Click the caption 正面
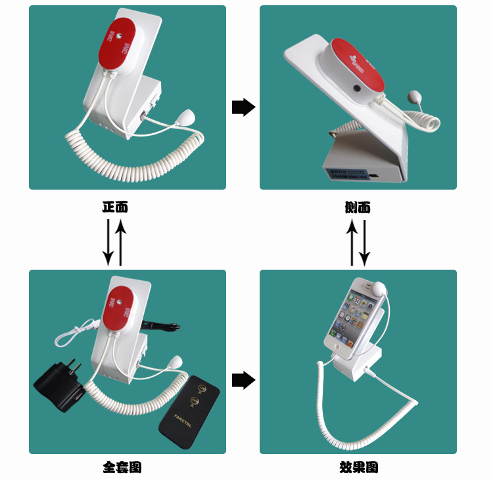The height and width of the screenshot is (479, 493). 115,207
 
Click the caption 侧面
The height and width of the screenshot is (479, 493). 358,207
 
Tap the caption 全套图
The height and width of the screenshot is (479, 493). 122,467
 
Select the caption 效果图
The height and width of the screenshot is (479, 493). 359,467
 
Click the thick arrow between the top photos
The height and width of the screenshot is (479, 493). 243,107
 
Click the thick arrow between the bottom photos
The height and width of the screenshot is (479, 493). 243,380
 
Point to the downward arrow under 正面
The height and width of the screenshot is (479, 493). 108,242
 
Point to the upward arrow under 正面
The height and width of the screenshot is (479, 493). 121,242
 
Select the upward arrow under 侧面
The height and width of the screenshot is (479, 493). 352,242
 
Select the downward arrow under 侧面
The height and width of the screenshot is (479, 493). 364,242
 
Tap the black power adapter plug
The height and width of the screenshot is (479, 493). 59,385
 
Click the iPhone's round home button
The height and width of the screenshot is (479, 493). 337,347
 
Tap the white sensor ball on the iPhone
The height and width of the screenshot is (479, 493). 378,289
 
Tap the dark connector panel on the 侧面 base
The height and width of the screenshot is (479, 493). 348,175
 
